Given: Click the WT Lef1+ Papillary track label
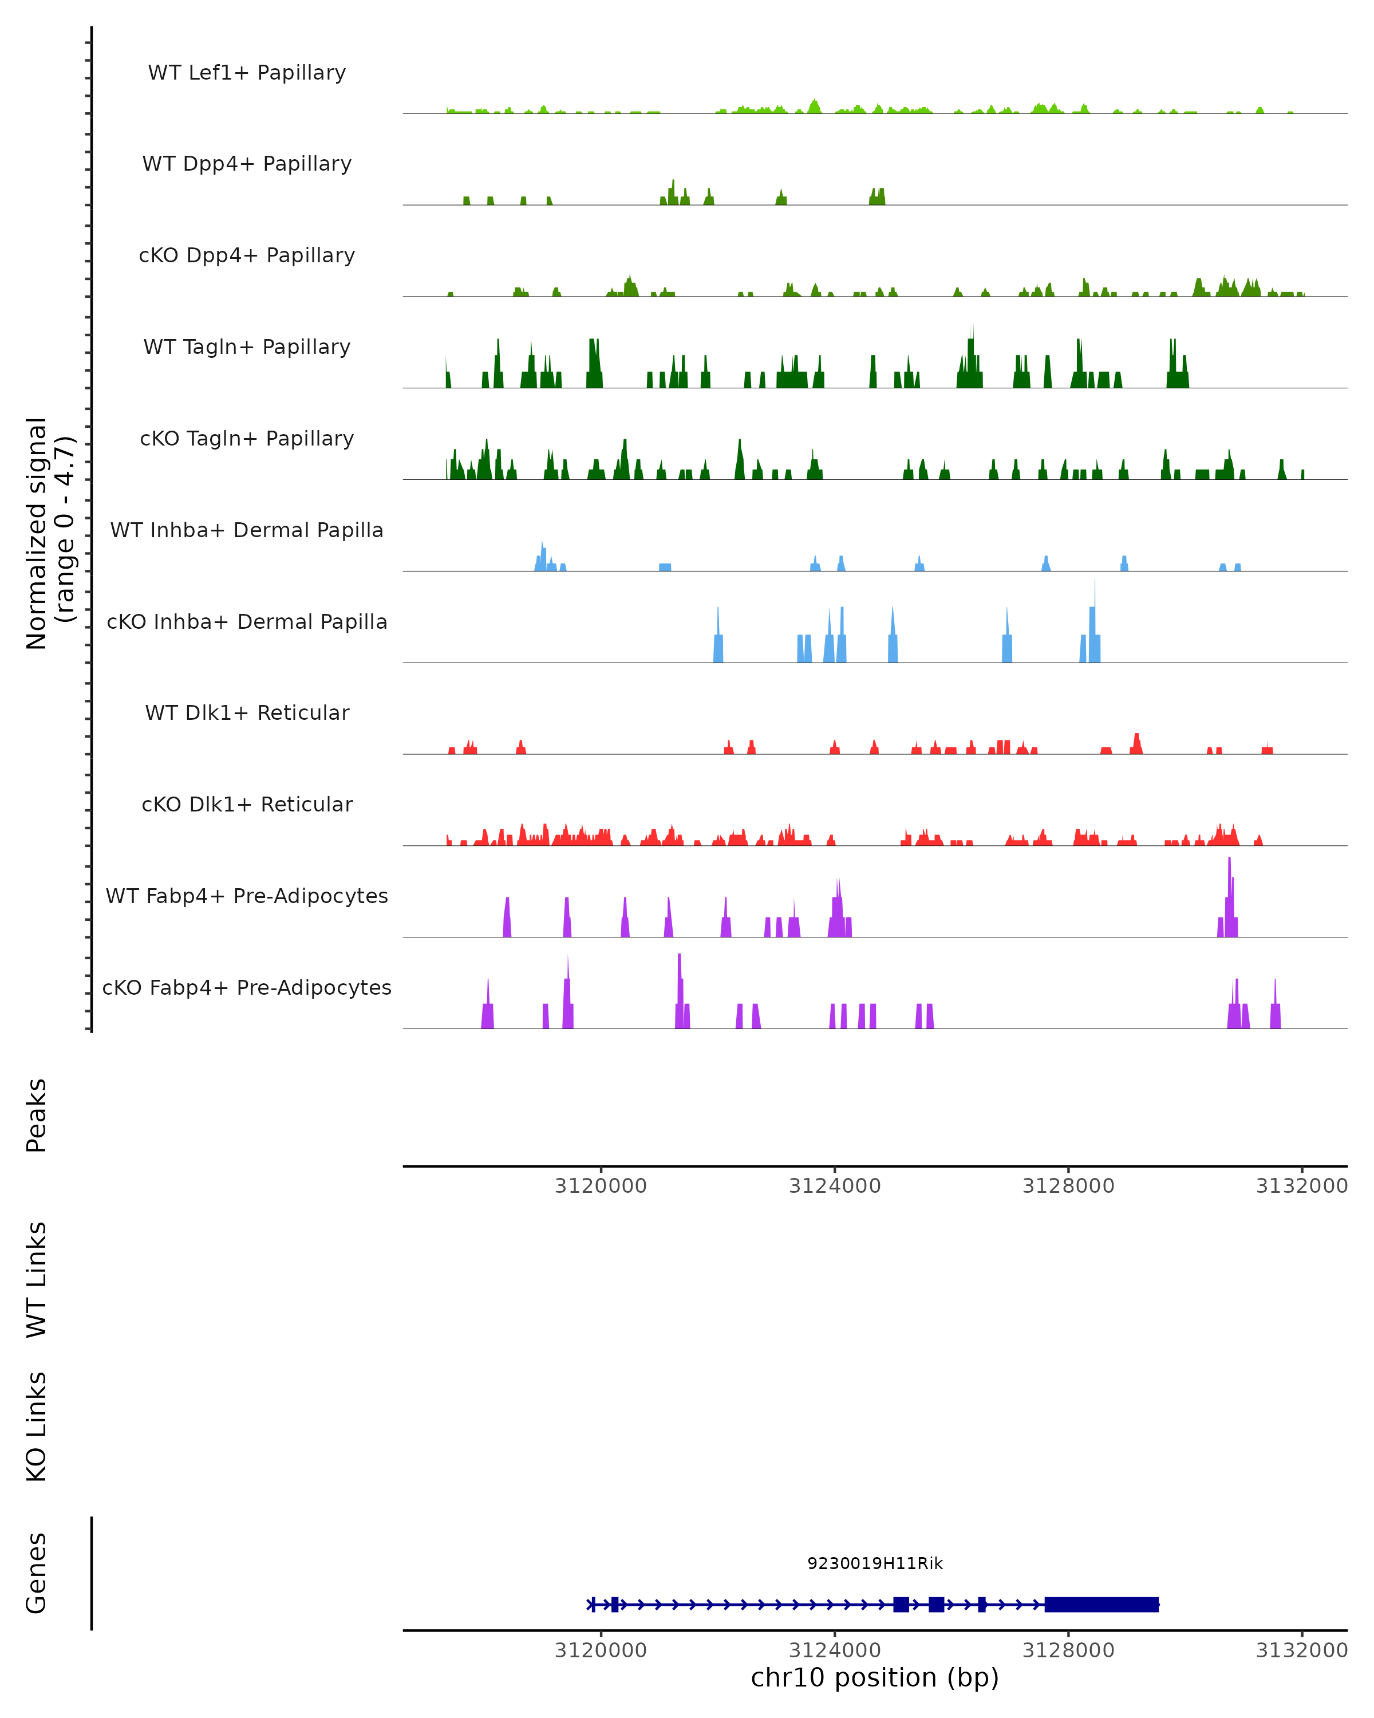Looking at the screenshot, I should tap(247, 73).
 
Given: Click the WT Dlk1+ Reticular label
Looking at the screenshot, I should tap(247, 712).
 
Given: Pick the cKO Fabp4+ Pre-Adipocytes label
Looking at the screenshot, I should tap(247, 987).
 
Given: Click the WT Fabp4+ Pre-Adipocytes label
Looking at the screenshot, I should tap(247, 896).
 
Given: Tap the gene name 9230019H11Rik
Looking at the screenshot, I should tap(875, 1563).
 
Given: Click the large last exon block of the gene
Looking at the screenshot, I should tap(1101, 1604).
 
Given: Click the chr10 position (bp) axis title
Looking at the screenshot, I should tap(875, 1677).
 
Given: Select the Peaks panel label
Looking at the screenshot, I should tap(37, 1115).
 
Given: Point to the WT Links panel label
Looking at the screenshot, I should tap(37, 1279).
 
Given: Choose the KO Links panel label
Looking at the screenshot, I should tap(37, 1427).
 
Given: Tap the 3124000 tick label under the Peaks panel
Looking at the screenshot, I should tap(835, 1186).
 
